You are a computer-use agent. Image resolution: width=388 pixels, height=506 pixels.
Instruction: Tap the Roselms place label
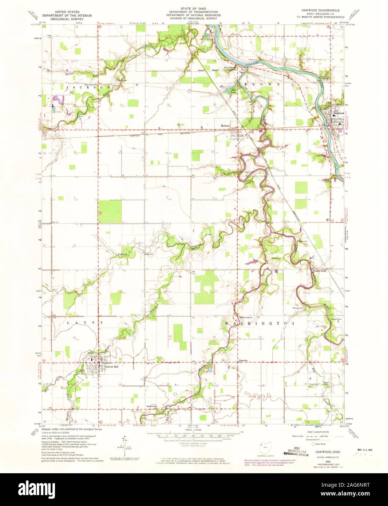[x=243, y=361]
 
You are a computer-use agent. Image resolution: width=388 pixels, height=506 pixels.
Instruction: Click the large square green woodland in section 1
[x=110, y=212]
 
